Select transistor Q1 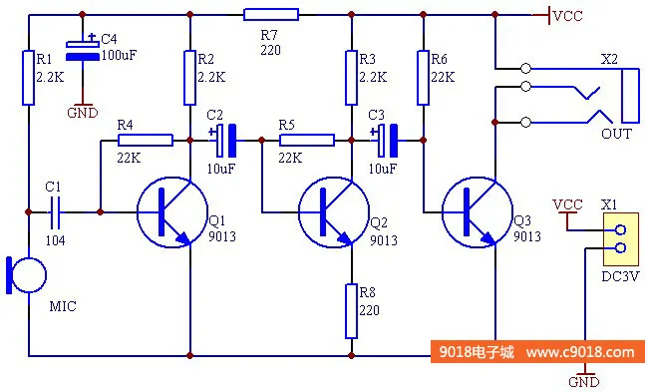coord(165,212)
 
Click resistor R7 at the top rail coord(270,15)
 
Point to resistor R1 coord(29,77)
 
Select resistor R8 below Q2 coord(351,310)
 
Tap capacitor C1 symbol coord(56,211)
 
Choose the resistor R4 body coord(145,141)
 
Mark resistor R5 coord(306,141)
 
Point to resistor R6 coord(424,77)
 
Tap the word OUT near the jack coord(615,134)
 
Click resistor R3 coord(351,77)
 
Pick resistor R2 coord(188,77)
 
